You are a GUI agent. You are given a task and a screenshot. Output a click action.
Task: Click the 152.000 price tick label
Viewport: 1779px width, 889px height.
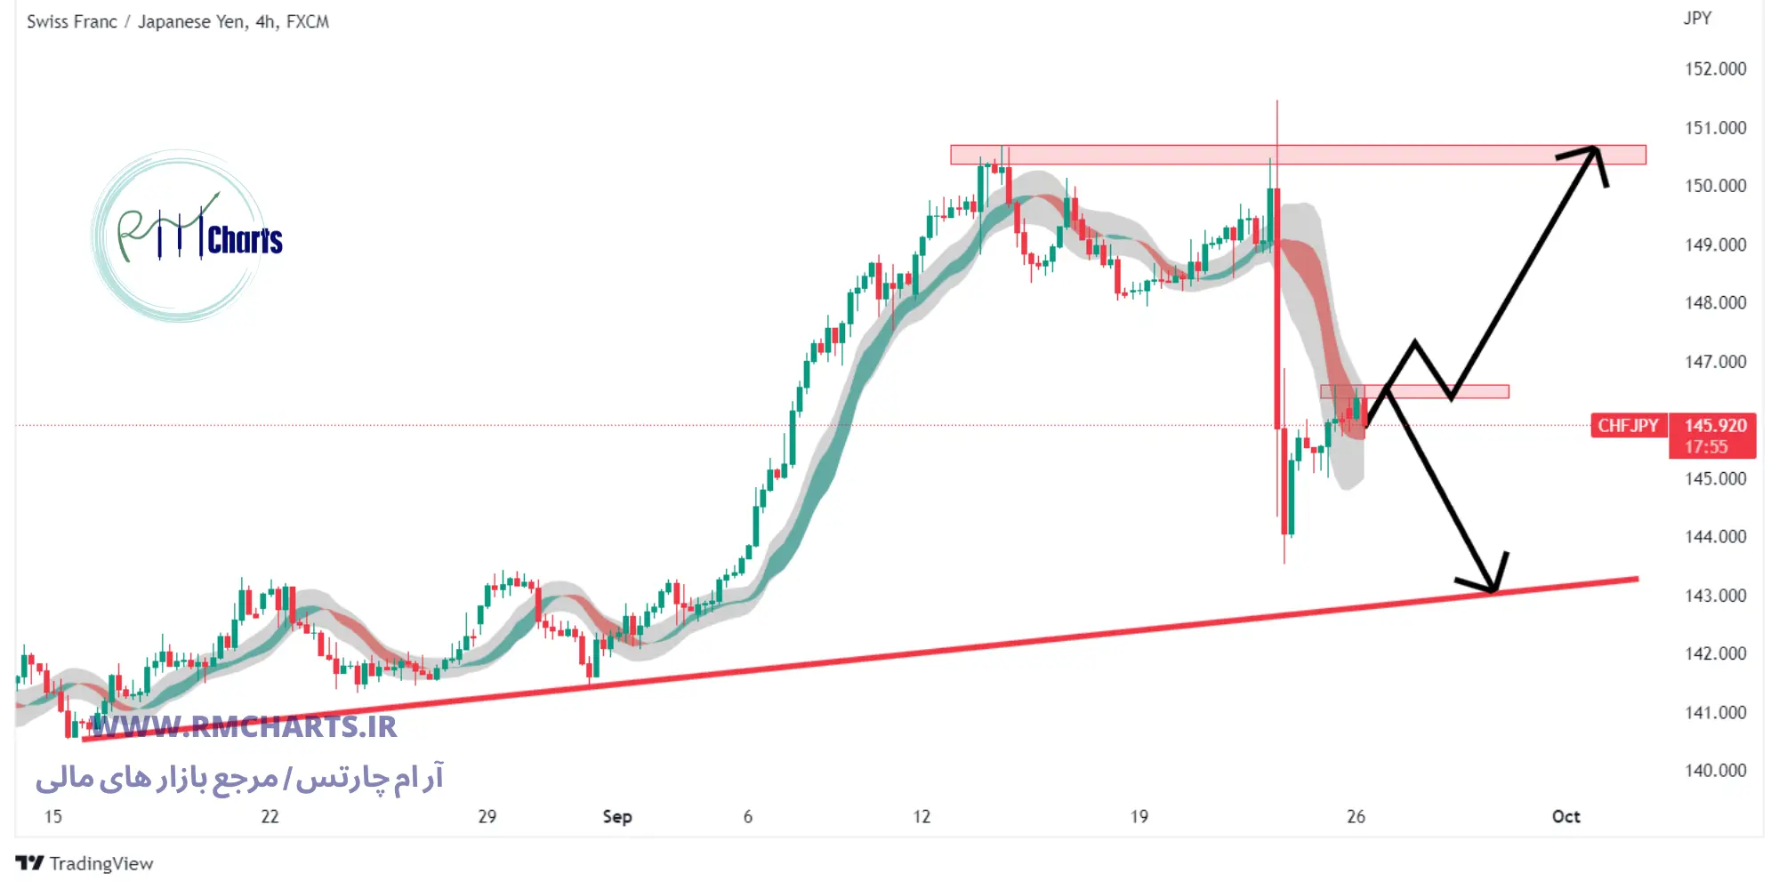(1715, 69)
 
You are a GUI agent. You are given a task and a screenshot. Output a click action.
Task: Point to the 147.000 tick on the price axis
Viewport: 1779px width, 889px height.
(1715, 362)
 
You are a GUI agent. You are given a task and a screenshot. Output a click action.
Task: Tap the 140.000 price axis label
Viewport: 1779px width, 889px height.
(1715, 771)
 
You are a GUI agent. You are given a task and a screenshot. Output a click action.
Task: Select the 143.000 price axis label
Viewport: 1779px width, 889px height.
(1715, 596)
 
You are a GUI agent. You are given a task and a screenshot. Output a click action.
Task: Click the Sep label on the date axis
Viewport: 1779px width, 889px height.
(617, 816)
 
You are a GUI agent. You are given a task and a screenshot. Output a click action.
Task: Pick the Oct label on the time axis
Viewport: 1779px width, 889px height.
(1566, 816)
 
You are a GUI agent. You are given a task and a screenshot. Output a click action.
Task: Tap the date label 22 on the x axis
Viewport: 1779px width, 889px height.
(270, 816)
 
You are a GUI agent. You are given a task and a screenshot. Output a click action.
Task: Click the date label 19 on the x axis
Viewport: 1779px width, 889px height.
(1139, 816)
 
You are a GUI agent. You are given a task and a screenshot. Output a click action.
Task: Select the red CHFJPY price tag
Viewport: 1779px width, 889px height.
(1628, 426)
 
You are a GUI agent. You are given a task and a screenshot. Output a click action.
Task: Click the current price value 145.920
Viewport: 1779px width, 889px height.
(1715, 426)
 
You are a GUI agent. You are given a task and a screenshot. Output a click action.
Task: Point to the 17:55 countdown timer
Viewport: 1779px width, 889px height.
(1706, 447)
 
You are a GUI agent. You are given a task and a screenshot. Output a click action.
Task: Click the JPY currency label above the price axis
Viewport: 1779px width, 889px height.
(1697, 19)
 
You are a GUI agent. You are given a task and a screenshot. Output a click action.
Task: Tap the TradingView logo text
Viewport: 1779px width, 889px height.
(101, 863)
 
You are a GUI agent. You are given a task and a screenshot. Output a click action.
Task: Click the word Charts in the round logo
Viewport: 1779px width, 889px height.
(245, 240)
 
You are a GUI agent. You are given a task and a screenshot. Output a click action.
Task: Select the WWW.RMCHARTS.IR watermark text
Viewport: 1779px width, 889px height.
(245, 727)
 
